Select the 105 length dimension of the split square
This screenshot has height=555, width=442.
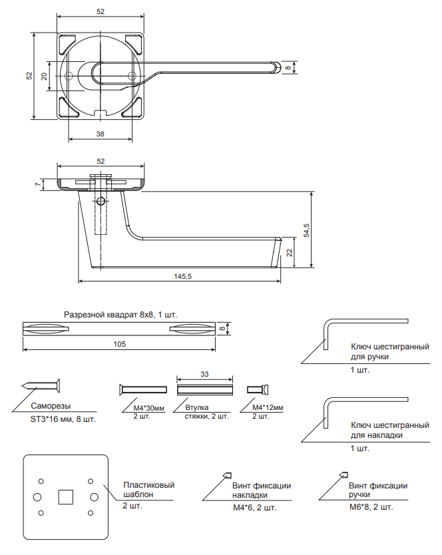click(120, 344)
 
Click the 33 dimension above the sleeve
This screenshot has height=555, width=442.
click(204, 375)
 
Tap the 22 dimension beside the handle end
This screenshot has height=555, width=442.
click(289, 252)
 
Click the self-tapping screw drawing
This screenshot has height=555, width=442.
click(42, 387)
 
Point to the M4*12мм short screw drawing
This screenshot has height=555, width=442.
click(256, 389)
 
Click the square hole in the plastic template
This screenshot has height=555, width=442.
click(65, 496)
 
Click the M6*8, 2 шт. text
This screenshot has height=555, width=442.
click(371, 507)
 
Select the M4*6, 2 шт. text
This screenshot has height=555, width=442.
click(254, 508)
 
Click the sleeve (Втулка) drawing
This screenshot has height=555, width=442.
click(204, 389)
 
